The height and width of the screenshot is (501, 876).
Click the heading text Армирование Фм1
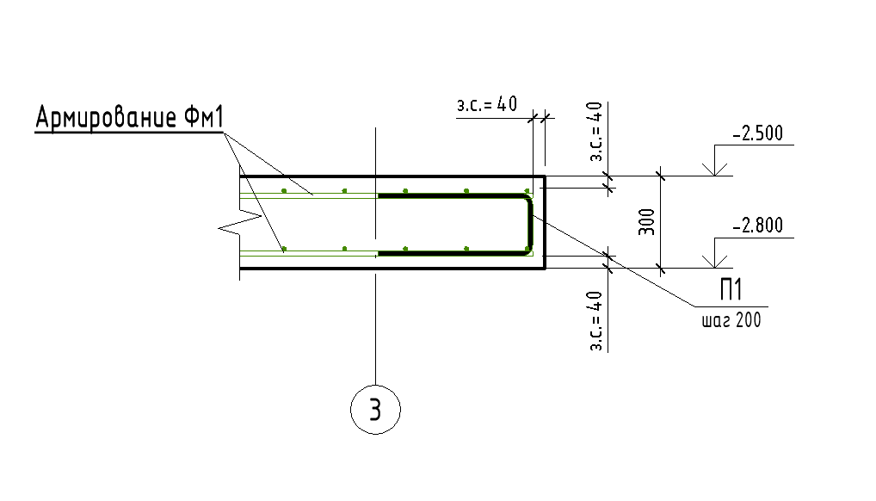(130, 117)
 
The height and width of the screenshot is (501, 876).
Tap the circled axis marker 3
(375, 409)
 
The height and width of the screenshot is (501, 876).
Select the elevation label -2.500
(757, 133)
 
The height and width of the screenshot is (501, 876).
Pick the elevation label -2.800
(757, 226)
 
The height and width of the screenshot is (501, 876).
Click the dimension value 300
(646, 222)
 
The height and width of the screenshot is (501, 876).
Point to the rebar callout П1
(731, 289)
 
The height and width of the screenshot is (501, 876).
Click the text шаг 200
(731, 320)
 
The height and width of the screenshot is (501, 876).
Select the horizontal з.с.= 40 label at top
(487, 104)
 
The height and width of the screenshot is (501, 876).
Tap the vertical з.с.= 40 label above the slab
(595, 132)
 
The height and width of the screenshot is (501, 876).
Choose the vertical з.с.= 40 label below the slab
(595, 321)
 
